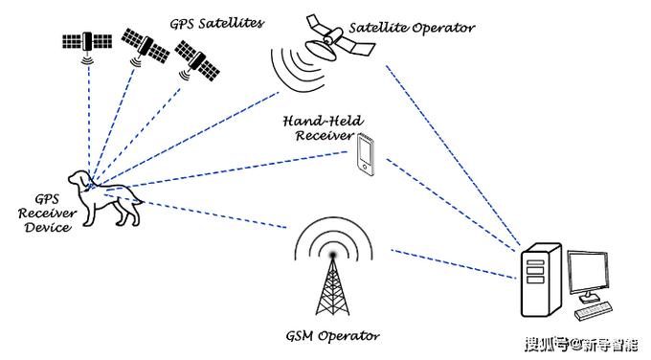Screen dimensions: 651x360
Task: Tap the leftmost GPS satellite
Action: tap(85, 42)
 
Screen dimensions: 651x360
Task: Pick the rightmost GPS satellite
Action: tap(199, 62)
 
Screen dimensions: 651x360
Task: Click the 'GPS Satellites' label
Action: tap(216, 20)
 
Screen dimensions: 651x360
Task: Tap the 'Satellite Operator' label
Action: tap(412, 27)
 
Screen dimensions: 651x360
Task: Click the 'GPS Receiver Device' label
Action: tap(44, 213)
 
